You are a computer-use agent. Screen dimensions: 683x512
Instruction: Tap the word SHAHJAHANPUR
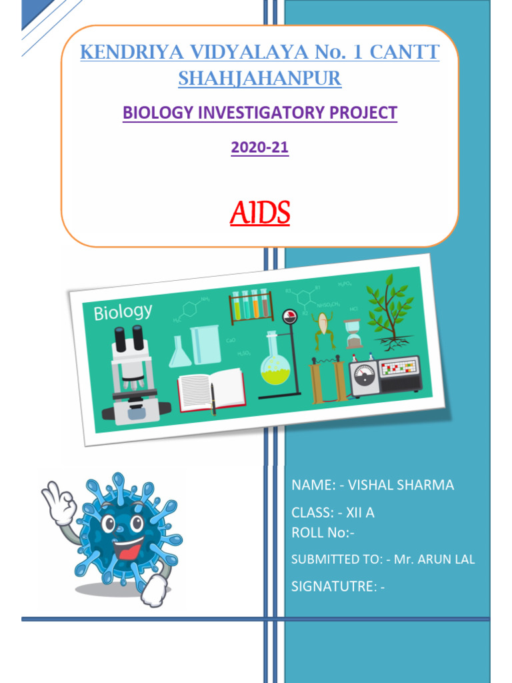pyautogui.click(x=259, y=79)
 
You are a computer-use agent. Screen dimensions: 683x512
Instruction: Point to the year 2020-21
pyautogui.click(x=259, y=147)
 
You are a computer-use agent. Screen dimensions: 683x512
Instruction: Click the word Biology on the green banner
pyautogui.click(x=123, y=311)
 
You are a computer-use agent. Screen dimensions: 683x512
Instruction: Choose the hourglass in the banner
pyautogui.click(x=354, y=333)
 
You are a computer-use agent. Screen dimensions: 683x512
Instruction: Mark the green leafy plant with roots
pyautogui.click(x=391, y=311)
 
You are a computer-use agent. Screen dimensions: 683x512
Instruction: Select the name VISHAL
pyautogui.click(x=372, y=486)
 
